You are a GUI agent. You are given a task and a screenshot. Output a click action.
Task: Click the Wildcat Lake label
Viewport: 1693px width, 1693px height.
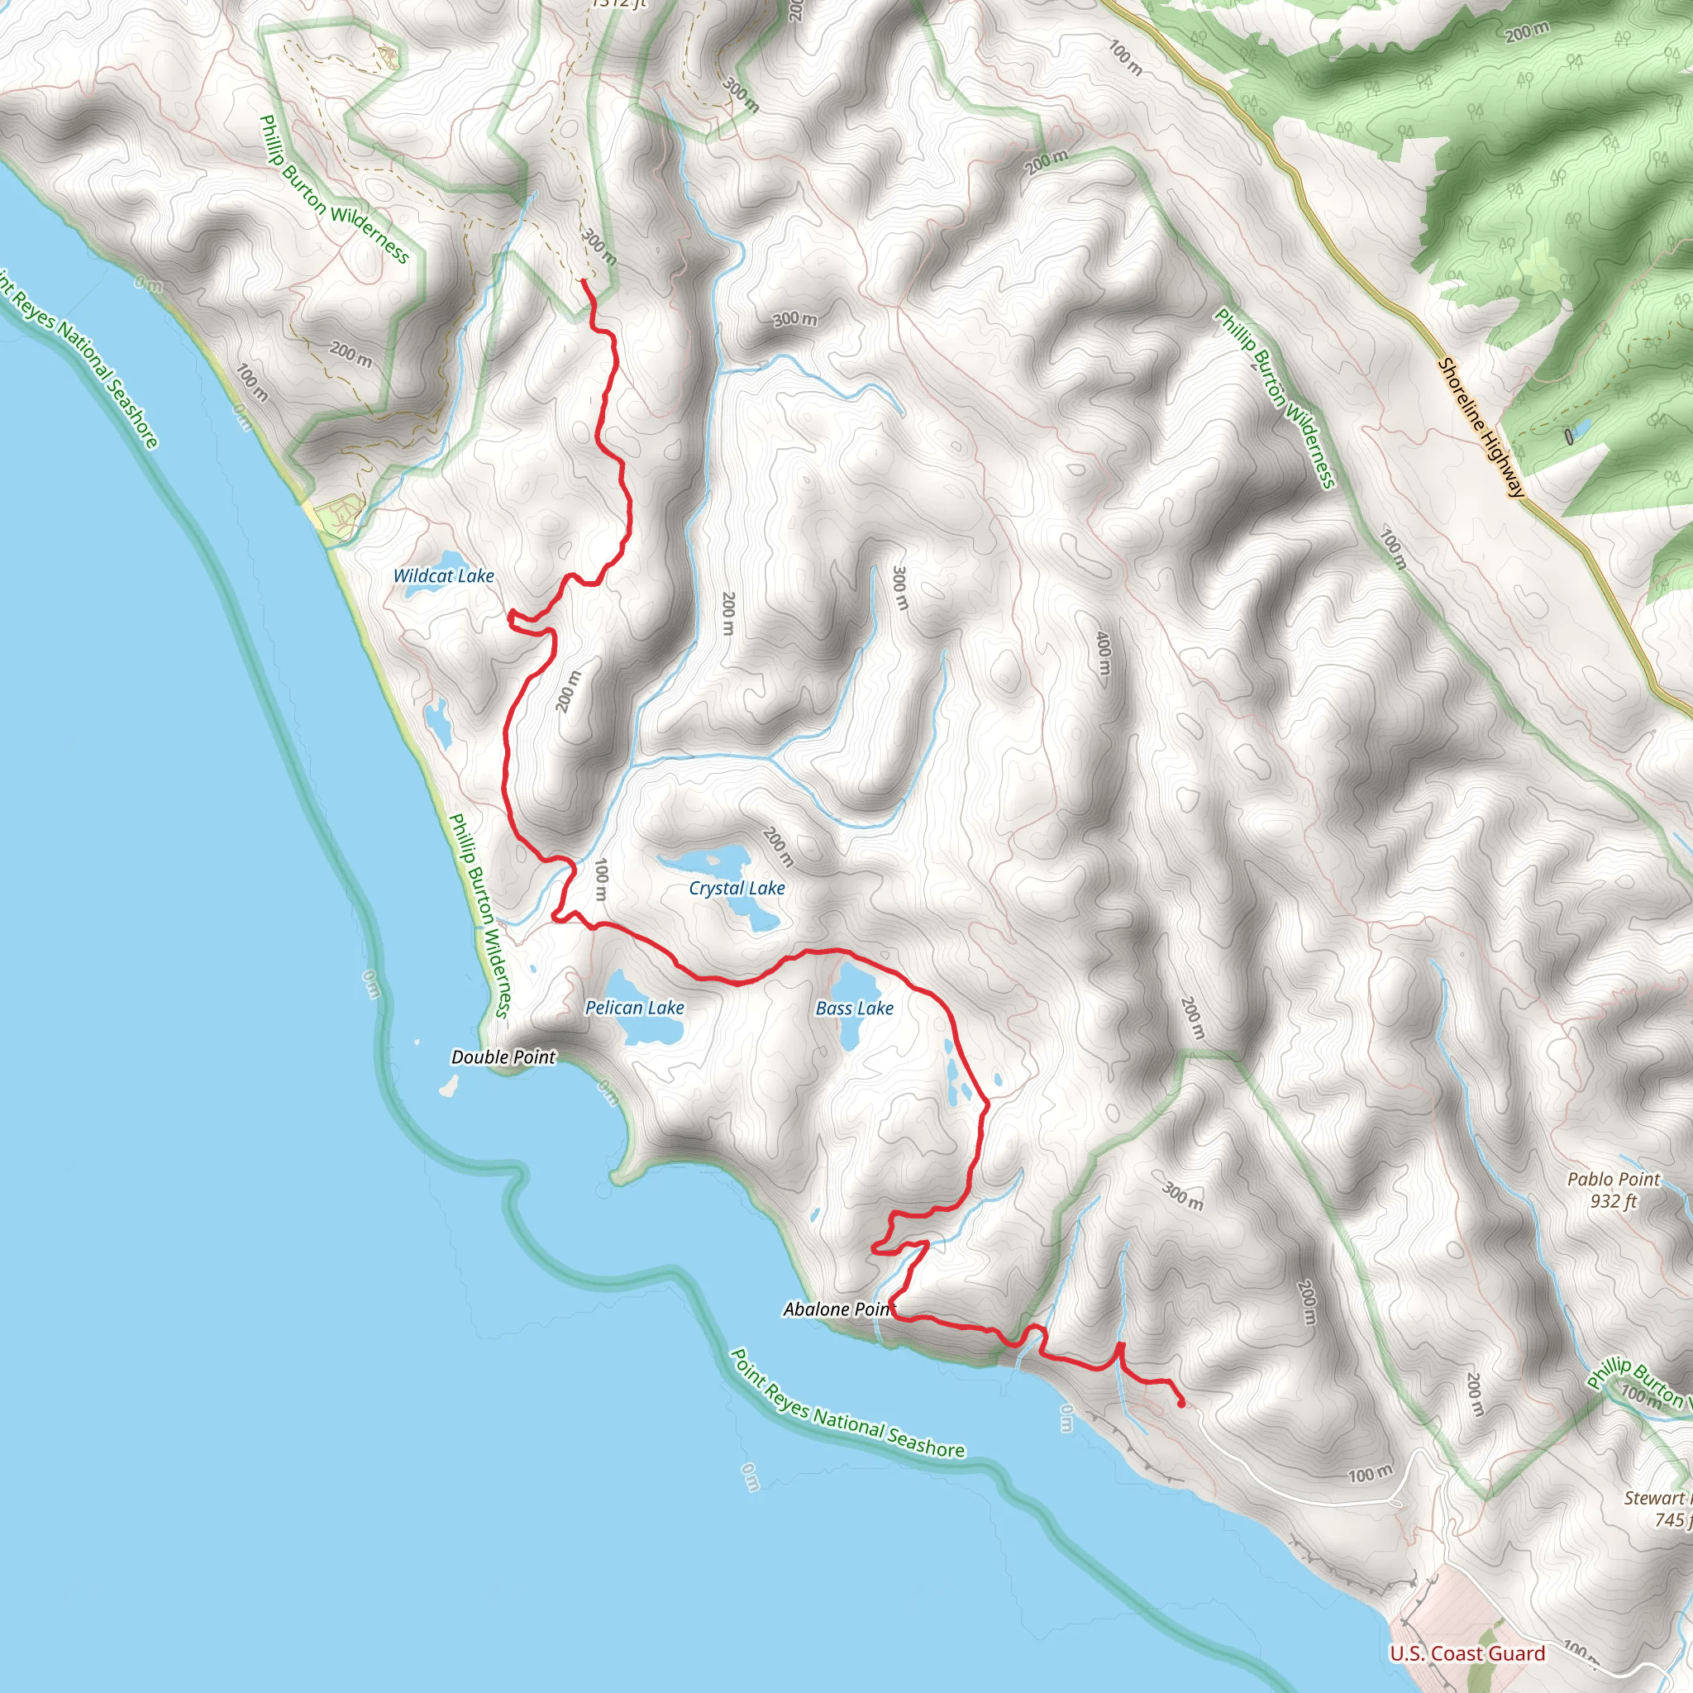click(x=443, y=575)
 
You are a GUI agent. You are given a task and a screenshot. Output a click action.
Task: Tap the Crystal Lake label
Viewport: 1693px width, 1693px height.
click(x=737, y=888)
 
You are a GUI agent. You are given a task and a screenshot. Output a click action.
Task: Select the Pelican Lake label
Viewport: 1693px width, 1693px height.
click(x=634, y=1008)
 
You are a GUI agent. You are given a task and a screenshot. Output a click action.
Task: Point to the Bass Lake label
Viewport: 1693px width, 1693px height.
click(x=855, y=1009)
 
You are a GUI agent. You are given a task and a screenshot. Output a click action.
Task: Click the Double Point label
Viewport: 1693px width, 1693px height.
click(x=503, y=1056)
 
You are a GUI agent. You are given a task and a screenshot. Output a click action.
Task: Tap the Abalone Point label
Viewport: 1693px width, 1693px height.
click(x=837, y=1309)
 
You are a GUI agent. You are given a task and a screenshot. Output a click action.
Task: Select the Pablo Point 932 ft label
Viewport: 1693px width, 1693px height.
click(x=1614, y=1190)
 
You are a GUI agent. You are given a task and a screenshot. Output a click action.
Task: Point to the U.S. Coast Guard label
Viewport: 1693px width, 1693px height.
click(x=1467, y=1653)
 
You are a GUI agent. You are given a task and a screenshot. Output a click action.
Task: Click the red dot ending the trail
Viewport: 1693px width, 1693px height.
click(x=1181, y=1404)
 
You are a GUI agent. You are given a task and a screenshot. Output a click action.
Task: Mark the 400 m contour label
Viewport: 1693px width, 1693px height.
click(x=1104, y=653)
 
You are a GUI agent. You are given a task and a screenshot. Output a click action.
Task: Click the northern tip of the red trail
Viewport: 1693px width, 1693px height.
click(x=584, y=281)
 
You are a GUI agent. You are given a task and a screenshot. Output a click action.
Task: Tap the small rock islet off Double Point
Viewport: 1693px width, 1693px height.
click(x=449, y=1086)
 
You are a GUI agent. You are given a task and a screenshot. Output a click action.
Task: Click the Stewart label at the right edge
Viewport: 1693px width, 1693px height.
click(x=1656, y=1498)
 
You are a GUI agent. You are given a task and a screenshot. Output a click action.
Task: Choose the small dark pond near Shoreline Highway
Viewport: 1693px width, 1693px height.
click(x=1567, y=436)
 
